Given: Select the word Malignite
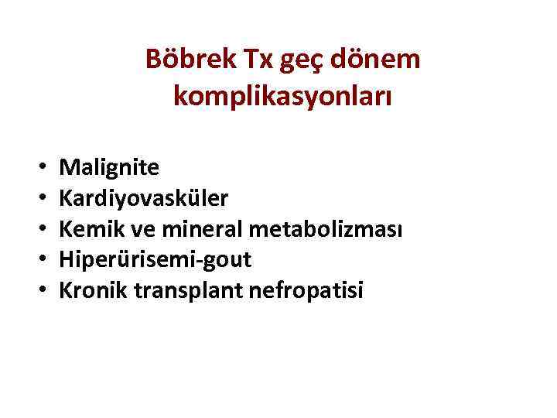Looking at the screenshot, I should [110, 166].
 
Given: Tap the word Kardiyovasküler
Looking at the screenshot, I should [144, 198].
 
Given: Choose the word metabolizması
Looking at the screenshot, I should [333, 229].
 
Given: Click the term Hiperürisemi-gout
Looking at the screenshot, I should [155, 260].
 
